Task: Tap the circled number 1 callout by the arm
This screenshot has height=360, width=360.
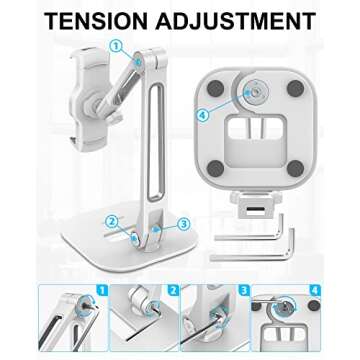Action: coord(115,46)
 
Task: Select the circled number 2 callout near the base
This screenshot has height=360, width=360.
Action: coord(112,221)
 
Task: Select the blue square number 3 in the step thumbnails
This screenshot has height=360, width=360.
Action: coord(244,293)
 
